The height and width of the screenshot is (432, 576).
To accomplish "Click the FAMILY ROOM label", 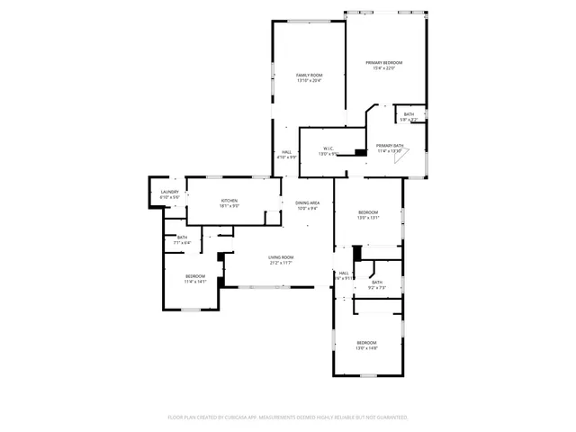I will [x=309, y=75].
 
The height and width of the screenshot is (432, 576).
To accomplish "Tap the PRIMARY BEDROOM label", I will [x=383, y=62].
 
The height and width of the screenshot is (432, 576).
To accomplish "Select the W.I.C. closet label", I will [x=328, y=148].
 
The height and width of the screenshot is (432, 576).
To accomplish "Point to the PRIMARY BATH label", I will [x=390, y=145].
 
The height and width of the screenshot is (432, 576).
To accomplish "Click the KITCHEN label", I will [x=229, y=201].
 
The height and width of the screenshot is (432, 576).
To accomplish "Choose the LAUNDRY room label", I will [x=169, y=192].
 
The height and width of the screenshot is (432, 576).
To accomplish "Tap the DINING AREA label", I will [x=308, y=202].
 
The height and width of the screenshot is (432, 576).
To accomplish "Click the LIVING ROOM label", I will [x=281, y=257].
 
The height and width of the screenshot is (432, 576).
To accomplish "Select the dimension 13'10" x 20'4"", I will [x=309, y=81].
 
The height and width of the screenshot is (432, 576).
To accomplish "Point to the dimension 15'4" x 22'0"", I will [x=383, y=68].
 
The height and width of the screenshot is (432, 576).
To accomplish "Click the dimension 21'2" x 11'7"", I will [x=281, y=263].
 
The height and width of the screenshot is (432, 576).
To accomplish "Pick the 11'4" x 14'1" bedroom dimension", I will [x=195, y=282].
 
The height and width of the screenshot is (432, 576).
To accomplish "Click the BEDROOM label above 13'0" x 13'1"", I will [x=368, y=212].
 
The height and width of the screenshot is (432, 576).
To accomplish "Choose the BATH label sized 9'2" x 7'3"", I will [x=376, y=282].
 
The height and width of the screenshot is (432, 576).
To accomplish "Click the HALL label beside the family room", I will [x=286, y=152].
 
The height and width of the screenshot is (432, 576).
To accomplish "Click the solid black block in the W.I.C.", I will [x=361, y=152].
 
